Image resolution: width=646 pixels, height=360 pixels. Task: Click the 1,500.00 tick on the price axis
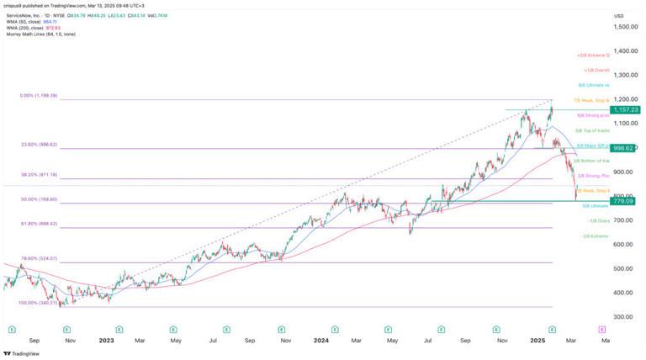(x=622, y=27)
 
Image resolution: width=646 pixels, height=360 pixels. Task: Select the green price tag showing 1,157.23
(x=627, y=110)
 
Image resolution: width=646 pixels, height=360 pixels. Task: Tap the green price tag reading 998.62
(x=627, y=148)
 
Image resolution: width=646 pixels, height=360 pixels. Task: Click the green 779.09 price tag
(x=627, y=201)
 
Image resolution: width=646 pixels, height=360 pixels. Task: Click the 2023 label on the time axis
(x=106, y=341)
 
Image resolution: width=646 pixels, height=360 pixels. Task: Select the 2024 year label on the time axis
(x=320, y=341)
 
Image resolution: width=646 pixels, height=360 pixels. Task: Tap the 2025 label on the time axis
(x=533, y=341)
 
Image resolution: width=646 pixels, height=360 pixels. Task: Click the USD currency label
(x=619, y=16)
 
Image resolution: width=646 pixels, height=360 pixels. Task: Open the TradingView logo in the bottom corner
(x=23, y=354)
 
